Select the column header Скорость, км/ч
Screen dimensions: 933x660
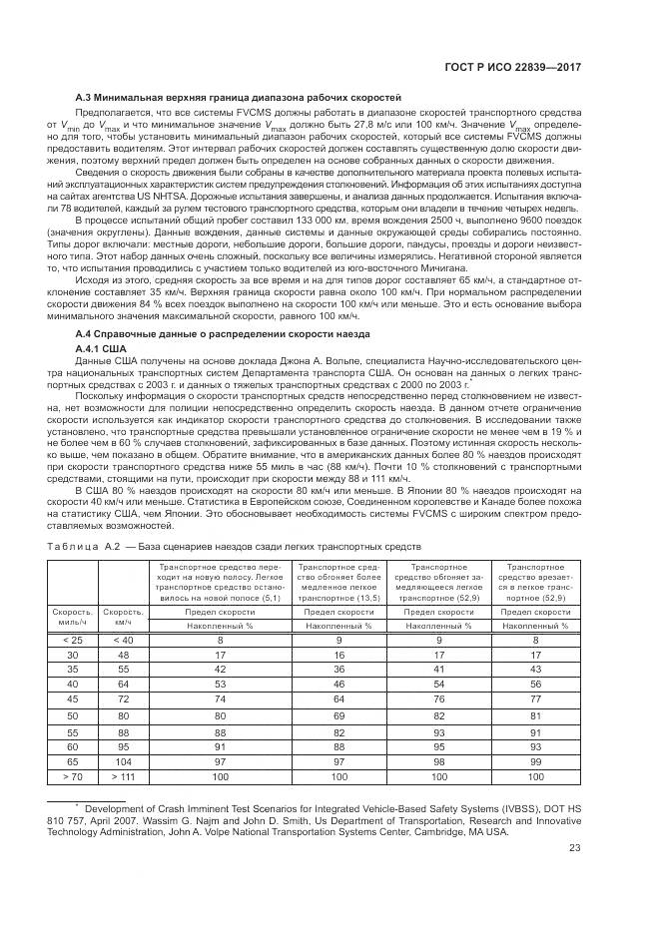click(123, 616)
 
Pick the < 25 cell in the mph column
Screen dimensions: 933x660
click(73, 639)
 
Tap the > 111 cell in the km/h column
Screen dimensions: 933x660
click(123, 774)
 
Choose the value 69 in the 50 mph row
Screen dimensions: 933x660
click(339, 715)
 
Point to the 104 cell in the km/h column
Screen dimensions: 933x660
click(123, 759)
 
